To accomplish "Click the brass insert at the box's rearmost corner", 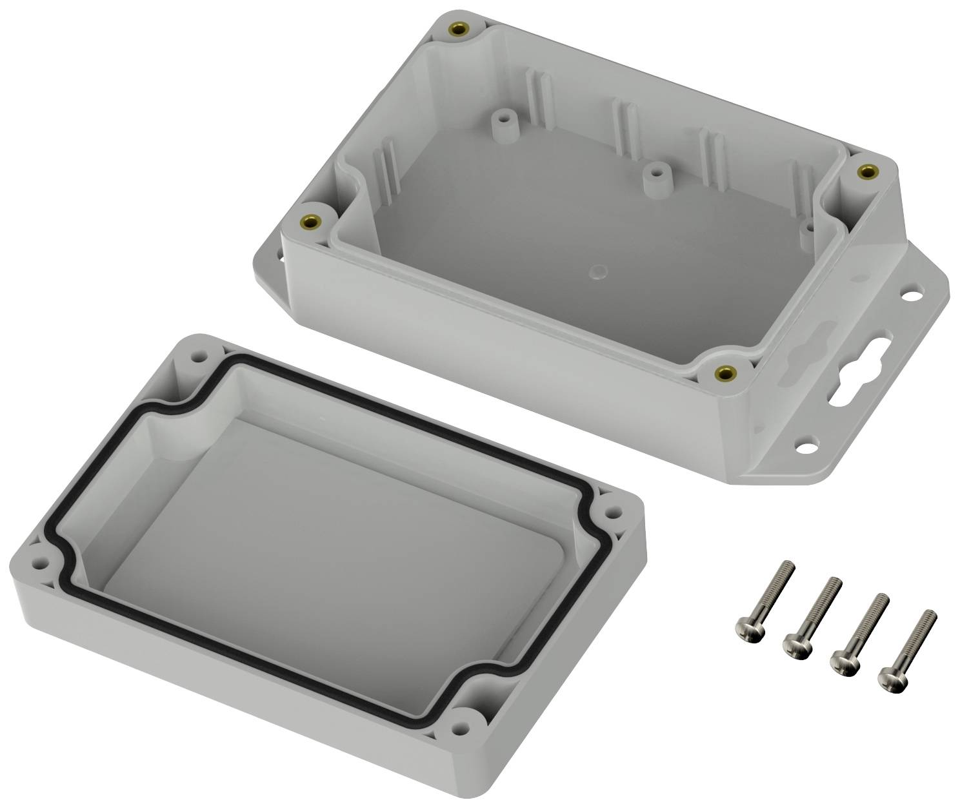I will point(459,30).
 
